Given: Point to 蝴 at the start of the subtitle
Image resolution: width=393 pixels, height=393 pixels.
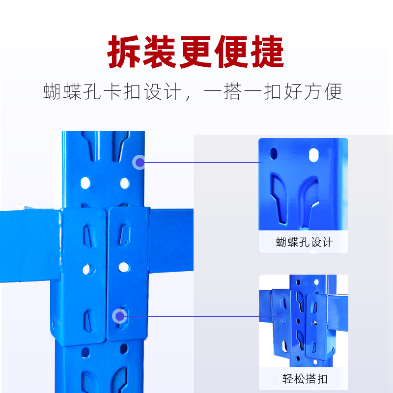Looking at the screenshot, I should click(52, 92).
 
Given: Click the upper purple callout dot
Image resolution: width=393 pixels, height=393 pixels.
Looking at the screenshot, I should click(140, 162).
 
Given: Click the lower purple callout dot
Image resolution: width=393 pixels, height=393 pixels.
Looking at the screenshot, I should click(119, 316).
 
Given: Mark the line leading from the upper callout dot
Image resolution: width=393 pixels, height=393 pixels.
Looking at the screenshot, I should click(201, 162).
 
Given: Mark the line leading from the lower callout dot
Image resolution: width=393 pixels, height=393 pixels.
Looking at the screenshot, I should click(192, 316).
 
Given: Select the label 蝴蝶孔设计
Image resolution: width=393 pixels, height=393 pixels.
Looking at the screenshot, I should click(304, 242).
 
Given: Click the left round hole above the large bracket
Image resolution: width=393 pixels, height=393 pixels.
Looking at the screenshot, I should click(85, 183).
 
